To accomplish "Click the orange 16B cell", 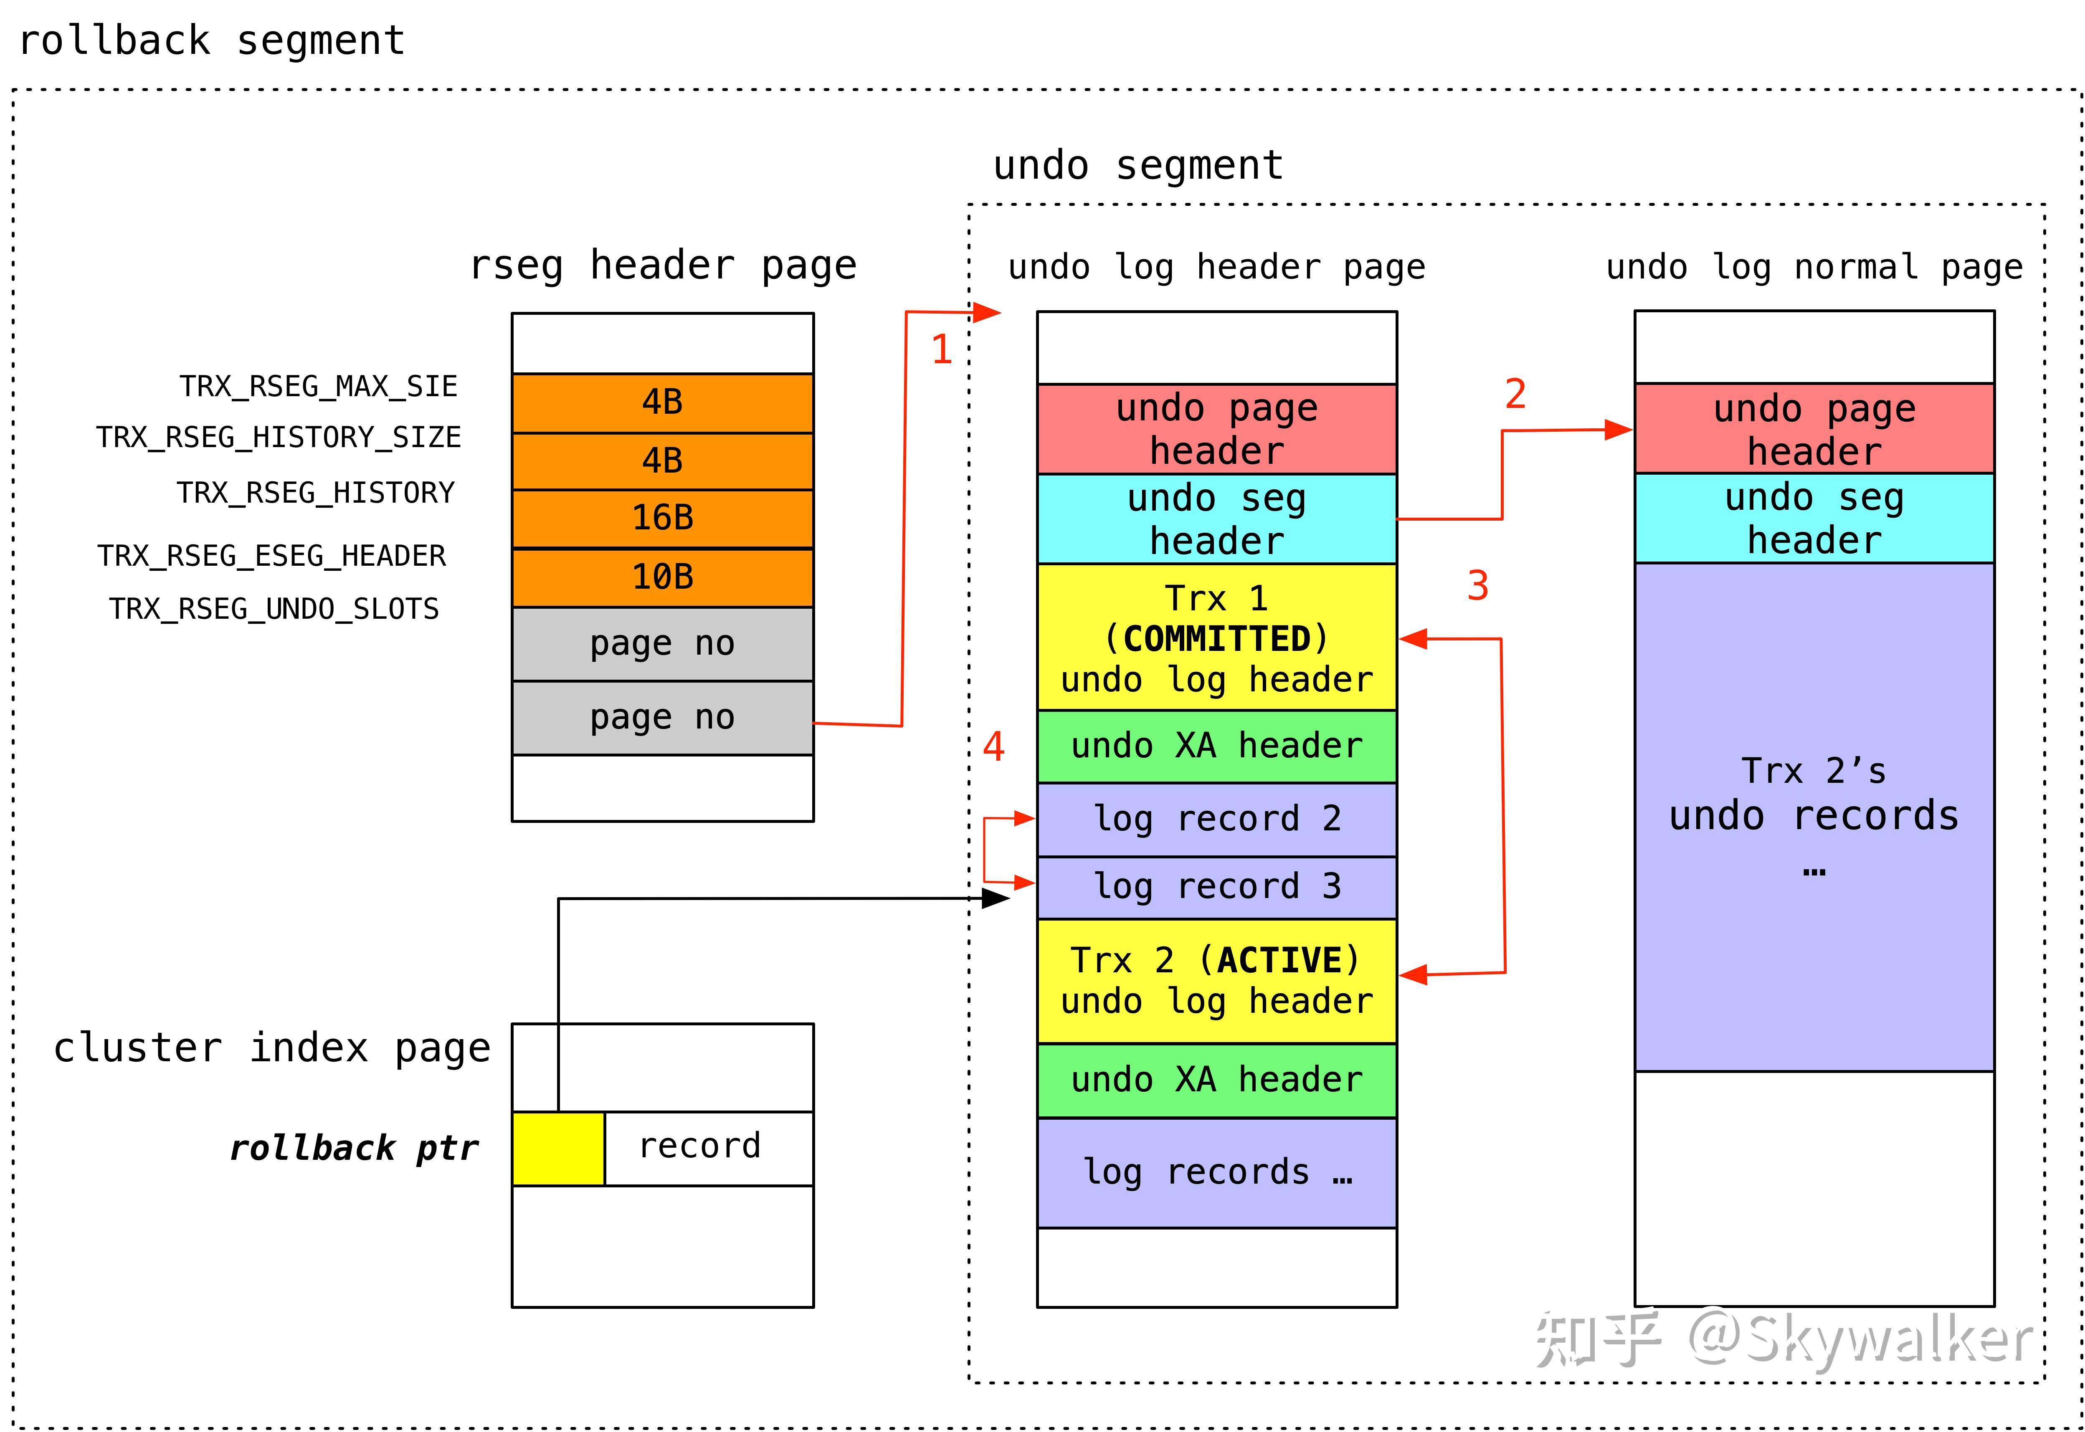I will (x=662, y=518).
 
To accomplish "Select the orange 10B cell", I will (x=662, y=577).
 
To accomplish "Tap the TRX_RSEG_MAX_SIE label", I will (x=319, y=387).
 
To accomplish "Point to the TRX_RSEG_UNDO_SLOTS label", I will (x=274, y=609).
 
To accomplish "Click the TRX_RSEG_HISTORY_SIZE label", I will (x=278, y=438).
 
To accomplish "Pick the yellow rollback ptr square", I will (x=558, y=1149).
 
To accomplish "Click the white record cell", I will (x=709, y=1149).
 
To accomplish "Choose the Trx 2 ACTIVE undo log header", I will (x=1216, y=981).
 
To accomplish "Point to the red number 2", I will (x=1515, y=394).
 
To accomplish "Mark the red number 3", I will (x=1477, y=586).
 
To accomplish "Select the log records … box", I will (x=1216, y=1172).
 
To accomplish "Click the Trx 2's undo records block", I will (x=1814, y=817).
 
